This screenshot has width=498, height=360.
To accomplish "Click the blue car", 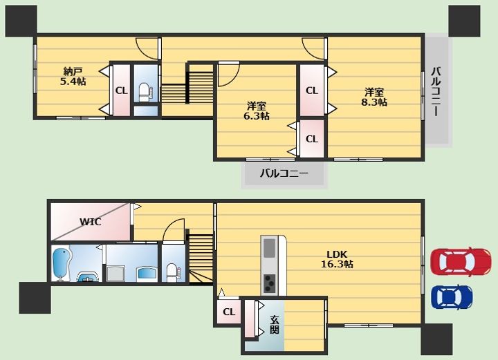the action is (x=452, y=297).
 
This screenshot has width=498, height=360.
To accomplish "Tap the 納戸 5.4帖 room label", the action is (x=73, y=77).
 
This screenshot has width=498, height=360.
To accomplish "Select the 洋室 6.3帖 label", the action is (x=257, y=111).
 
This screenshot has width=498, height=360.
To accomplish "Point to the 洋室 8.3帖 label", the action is (x=373, y=97).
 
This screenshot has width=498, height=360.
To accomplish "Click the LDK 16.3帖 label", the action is (x=337, y=259).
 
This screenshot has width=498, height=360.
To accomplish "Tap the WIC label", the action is (x=90, y=222).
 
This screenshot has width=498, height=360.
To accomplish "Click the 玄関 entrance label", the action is (x=275, y=325).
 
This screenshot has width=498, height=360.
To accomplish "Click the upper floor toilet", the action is (x=145, y=92).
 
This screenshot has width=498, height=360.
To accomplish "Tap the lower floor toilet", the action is (x=172, y=272).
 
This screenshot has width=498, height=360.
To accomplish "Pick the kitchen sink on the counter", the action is (x=269, y=248).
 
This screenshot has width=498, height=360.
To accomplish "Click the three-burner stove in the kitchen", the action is (x=269, y=283).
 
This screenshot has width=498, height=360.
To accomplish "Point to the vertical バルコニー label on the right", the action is (x=436, y=92).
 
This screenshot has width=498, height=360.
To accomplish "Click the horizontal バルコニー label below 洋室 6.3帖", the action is (x=284, y=173).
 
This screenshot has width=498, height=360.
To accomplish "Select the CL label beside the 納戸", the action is (x=121, y=91).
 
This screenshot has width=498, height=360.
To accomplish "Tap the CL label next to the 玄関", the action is (x=228, y=312).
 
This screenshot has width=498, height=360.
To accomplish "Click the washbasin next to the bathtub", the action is (x=88, y=277).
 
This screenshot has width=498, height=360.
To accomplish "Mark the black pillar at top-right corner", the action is (x=464, y=21).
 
